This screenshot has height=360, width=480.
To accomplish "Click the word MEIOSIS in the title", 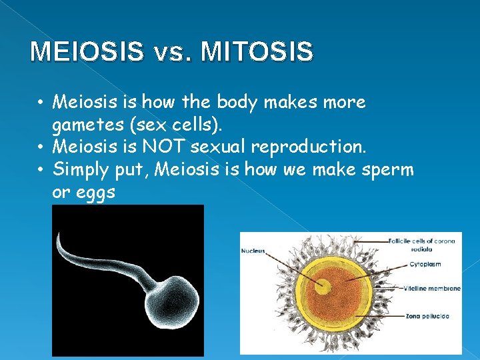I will coord(87,51).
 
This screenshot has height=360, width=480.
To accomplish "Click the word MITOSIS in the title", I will coord(257,51).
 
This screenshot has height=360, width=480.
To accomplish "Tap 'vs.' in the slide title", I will coord(174,52).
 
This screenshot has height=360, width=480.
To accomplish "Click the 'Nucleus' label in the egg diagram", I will coord(253,251).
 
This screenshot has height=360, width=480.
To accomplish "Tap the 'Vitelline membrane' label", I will coord(431,289).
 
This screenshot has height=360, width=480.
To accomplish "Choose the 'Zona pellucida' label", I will coord(425,315).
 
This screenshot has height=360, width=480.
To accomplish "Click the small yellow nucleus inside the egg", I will coord(323,287).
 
